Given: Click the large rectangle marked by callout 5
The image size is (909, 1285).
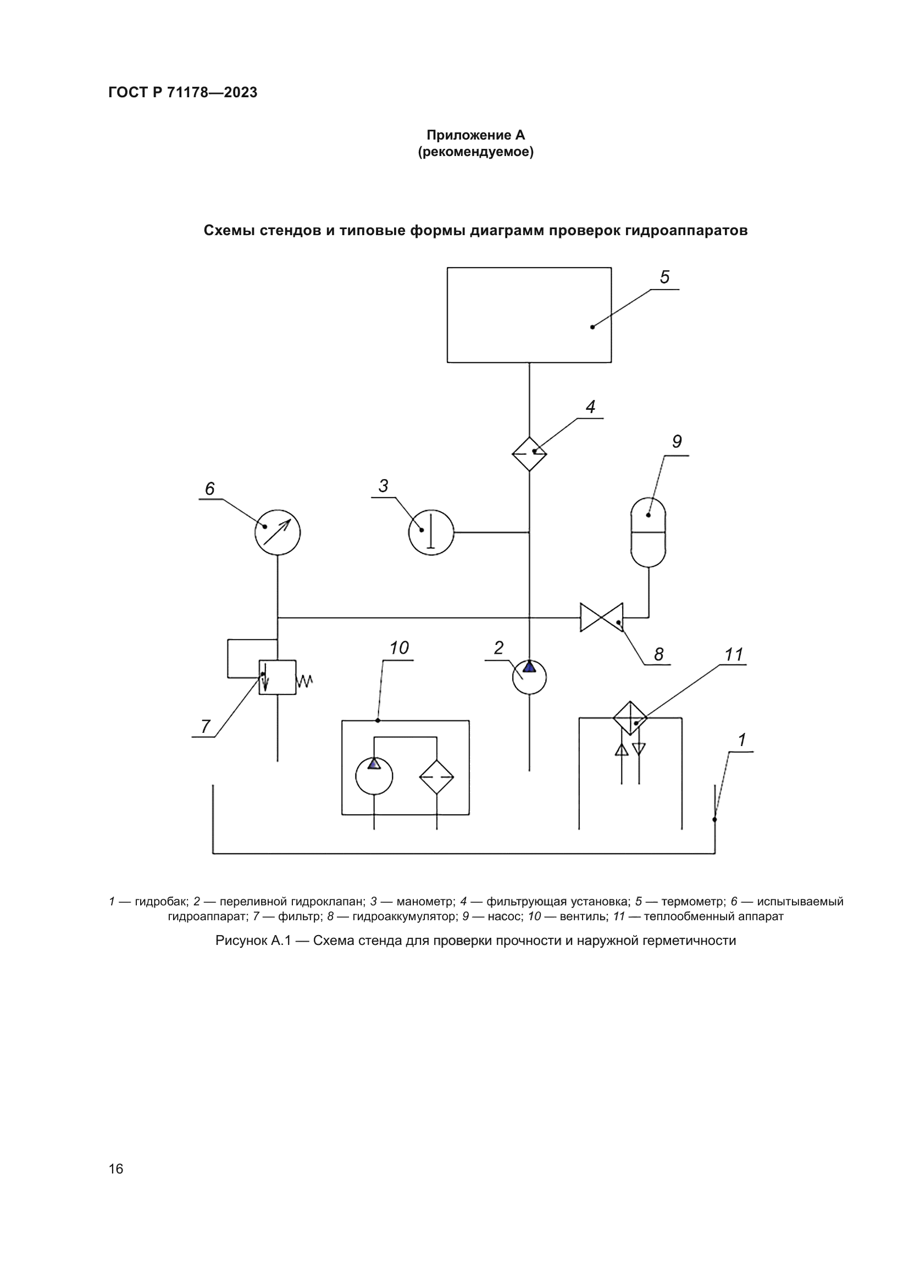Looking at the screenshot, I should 528,315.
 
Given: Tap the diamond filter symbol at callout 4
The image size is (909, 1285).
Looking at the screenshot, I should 529,454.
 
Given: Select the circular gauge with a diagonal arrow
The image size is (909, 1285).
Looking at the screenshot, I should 277,532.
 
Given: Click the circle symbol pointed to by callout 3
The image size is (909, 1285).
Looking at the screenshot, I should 431,532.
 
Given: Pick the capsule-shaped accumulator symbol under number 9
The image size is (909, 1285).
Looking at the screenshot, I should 648,532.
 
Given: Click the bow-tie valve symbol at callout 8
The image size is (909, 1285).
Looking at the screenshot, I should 602,618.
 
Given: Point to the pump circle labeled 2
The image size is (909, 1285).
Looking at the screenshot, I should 529,677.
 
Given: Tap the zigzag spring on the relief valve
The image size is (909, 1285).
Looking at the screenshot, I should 304,681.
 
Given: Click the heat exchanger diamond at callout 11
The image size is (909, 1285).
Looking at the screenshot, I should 630,718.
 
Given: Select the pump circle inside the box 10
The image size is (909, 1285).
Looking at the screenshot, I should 374,776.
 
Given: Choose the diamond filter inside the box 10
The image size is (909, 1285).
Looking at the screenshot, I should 436,777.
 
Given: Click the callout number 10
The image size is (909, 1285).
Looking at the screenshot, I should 399,648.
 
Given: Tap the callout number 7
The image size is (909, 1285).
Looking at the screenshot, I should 206,726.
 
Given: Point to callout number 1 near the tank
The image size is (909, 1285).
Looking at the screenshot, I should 741,740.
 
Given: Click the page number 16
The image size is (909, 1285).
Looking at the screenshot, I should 116,1169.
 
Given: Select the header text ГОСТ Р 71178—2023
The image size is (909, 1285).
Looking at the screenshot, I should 182,92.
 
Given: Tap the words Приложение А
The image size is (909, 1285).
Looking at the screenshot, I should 476,135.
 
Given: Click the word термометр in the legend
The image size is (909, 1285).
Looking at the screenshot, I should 693,902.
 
